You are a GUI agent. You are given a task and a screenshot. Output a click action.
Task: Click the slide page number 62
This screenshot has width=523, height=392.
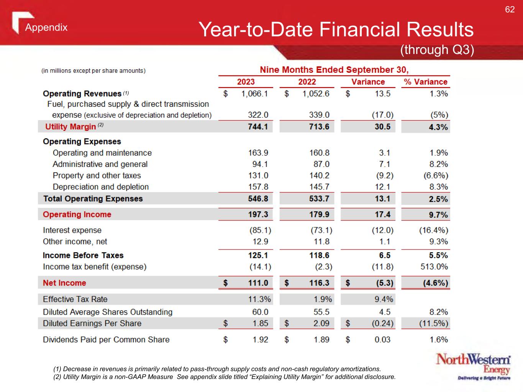(510, 10)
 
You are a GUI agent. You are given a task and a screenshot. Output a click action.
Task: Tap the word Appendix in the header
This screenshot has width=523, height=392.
(46, 28)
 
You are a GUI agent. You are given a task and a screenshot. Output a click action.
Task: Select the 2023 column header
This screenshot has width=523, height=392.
(246, 82)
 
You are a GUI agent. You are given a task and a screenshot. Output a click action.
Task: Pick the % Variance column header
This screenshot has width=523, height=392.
(425, 82)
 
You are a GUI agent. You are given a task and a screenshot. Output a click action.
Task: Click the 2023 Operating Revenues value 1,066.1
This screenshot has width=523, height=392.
(254, 94)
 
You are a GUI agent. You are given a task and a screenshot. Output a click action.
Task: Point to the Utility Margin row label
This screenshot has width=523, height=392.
(70, 127)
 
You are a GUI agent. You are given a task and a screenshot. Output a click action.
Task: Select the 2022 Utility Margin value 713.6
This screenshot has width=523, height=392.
(319, 127)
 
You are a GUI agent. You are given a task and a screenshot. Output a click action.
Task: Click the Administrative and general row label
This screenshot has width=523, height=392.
(100, 164)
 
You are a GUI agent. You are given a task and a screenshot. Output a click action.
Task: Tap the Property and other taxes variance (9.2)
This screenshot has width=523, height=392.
(384, 176)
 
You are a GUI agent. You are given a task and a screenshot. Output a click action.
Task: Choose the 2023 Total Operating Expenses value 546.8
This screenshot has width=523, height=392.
(258, 199)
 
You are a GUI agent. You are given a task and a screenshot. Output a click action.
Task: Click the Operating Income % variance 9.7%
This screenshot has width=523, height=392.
(438, 215)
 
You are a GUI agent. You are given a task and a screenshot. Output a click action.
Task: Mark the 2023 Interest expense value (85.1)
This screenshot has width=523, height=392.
(260, 230)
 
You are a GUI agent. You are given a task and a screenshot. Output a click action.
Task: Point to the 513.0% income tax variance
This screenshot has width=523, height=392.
(434, 267)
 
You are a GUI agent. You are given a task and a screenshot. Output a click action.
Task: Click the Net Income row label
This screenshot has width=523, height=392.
(64, 283)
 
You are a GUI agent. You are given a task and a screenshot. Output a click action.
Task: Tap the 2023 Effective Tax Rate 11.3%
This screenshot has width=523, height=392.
(259, 299)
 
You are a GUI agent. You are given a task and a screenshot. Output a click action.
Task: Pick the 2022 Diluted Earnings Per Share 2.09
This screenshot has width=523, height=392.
(321, 323)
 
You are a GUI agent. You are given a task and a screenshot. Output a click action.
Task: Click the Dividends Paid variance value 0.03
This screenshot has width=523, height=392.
(382, 340)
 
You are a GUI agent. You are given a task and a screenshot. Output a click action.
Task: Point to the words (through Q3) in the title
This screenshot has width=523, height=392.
(437, 50)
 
